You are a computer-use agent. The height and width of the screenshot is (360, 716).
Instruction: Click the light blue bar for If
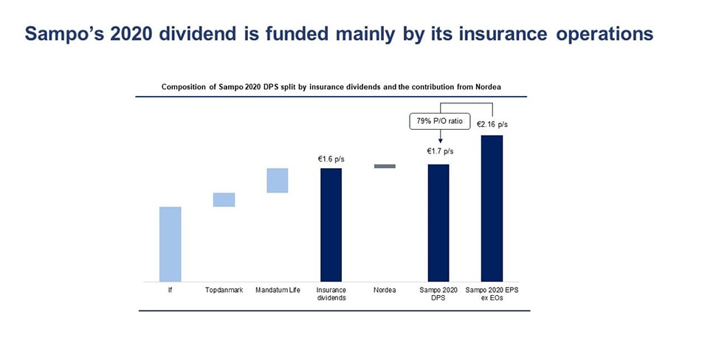[x=170, y=244]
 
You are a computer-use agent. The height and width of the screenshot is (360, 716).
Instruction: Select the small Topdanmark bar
[x=224, y=200]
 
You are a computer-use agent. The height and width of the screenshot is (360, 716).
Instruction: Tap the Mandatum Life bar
[x=277, y=181]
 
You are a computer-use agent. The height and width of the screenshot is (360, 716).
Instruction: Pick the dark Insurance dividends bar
[x=331, y=225]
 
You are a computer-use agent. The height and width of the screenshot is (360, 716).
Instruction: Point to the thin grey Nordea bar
[x=385, y=166]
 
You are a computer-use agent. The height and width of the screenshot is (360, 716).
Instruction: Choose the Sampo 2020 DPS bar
[x=438, y=223]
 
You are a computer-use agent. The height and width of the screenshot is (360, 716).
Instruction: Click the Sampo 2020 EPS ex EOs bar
[x=492, y=208]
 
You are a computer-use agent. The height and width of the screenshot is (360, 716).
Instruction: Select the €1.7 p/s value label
[x=441, y=151]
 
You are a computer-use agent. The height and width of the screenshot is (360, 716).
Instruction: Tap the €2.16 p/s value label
[x=492, y=125]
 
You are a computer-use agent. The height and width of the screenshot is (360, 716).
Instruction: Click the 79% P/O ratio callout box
[x=441, y=120]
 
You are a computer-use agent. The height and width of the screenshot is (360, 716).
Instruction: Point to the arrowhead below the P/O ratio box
[x=441, y=142]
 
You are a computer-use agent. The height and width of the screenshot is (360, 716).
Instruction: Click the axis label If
[x=170, y=290]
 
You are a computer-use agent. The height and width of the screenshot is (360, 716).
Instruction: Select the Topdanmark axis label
[x=224, y=290]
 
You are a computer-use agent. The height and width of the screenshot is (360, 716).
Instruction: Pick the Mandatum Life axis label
[x=277, y=290]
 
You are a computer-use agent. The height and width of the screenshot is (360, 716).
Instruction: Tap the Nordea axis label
[x=385, y=290]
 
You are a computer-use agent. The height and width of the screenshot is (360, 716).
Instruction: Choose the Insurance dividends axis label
[x=331, y=294]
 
